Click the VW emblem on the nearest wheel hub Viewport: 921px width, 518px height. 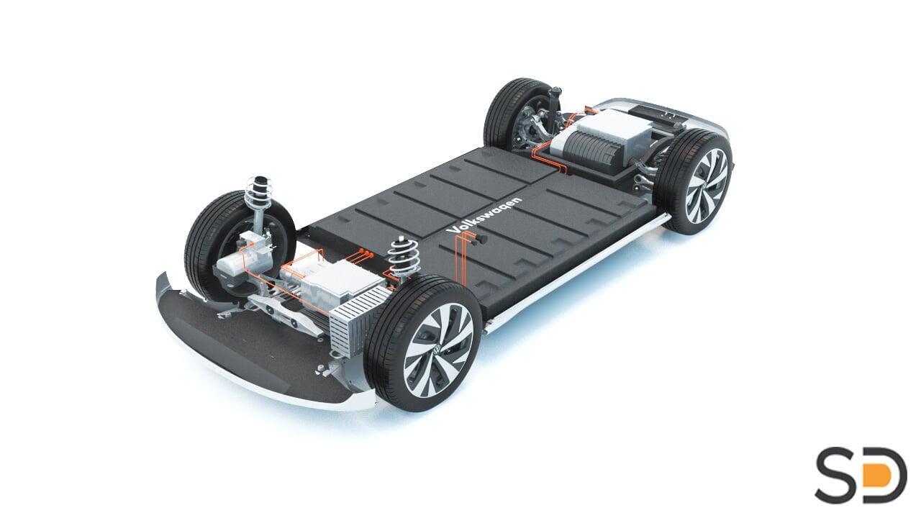[437, 350]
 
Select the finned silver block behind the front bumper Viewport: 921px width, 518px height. [357, 320]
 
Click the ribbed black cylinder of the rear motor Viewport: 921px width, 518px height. [591, 151]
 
